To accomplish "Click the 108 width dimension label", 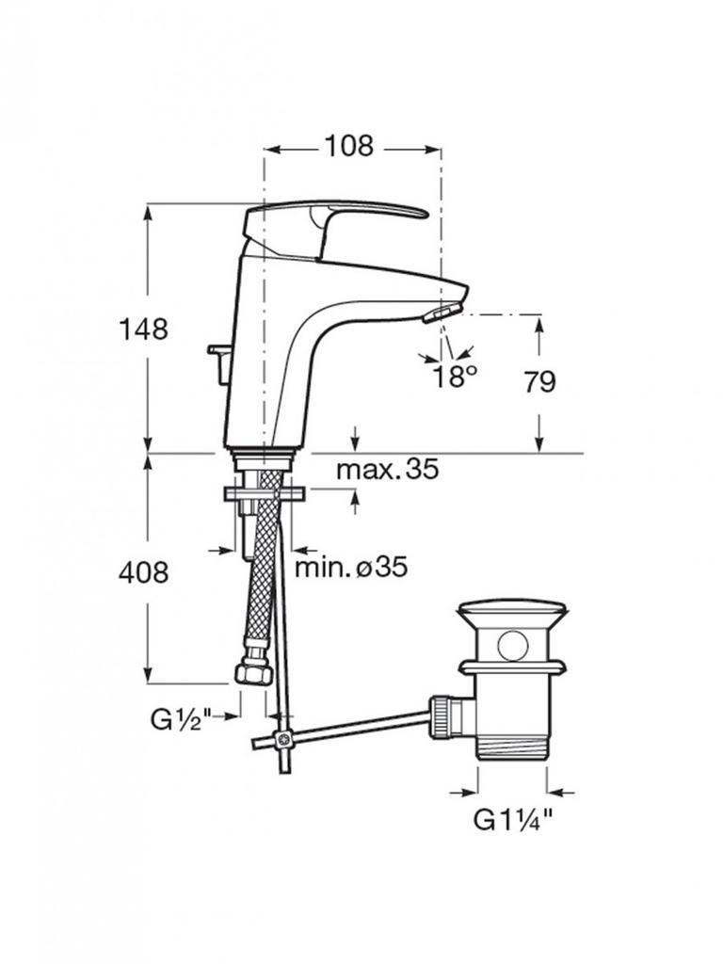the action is [348, 146].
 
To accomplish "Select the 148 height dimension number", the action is [143, 329].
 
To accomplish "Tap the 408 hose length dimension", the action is [143, 573].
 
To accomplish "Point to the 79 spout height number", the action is [539, 382].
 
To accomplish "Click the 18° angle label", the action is [455, 377].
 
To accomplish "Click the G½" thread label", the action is [181, 718].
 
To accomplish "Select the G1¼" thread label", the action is [513, 820].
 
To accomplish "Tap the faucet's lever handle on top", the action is [335, 224].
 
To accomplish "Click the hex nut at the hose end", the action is [253, 672].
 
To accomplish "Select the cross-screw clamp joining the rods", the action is [284, 740].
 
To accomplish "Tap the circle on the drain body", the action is [513, 646].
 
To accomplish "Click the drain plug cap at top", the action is [511, 616].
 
